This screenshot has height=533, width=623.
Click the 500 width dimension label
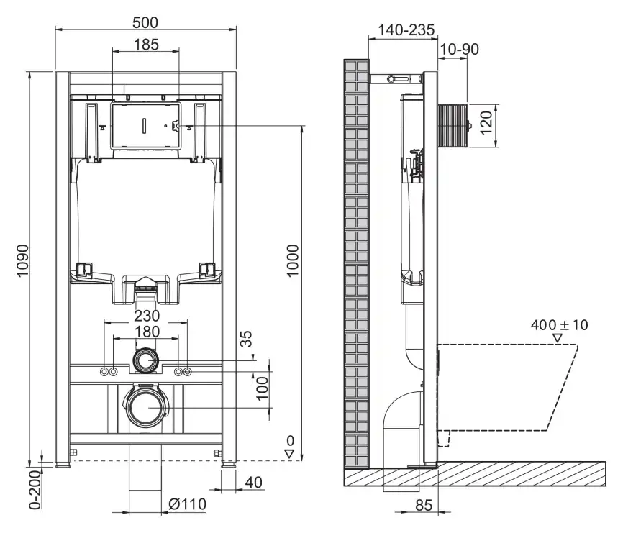(x=145, y=22)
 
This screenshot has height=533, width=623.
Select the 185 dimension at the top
(x=146, y=45)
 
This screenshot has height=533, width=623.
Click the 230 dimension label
(x=146, y=315)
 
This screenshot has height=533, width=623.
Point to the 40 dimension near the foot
(x=254, y=482)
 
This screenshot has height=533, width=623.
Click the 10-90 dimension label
(x=459, y=49)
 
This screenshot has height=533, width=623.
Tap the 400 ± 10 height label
(x=559, y=325)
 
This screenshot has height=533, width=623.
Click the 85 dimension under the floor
(x=424, y=506)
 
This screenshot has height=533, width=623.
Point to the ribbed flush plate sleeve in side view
(x=453, y=126)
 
